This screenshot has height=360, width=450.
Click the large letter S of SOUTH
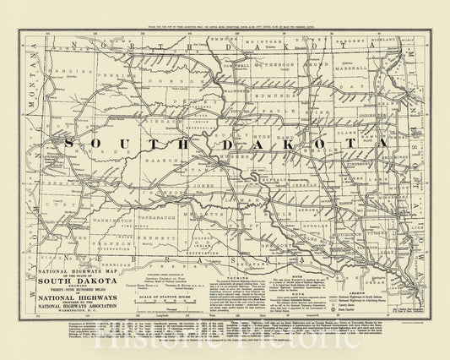[92, 144]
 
